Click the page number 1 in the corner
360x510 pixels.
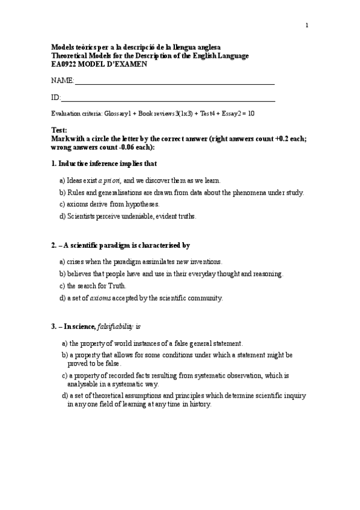[307, 25]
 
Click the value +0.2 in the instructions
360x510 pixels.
[283, 138]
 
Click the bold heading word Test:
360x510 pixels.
[59, 130]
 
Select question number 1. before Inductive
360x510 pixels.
[53, 164]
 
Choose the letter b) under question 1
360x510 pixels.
[63, 192]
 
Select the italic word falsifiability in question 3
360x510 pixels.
[117, 327]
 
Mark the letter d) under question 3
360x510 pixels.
[65, 396]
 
